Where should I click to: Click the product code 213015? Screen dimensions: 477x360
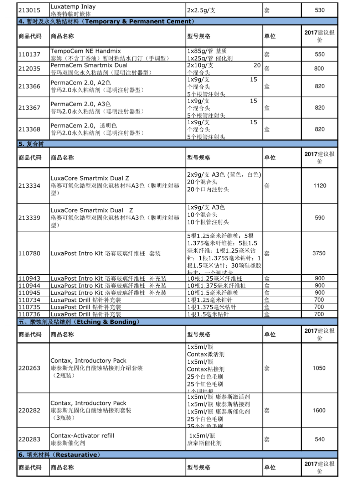point(29,10)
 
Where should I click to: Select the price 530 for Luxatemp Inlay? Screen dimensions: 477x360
point(319,10)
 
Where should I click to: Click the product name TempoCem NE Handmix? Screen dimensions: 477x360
point(86,51)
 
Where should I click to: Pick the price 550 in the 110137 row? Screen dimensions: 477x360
point(319,55)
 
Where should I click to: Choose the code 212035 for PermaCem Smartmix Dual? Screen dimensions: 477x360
point(29,69)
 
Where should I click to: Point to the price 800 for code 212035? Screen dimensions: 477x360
point(319,69)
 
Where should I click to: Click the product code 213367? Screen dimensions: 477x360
point(29,108)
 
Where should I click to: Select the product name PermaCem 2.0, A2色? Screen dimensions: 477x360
point(81,83)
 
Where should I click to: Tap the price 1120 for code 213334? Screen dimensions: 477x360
point(319,186)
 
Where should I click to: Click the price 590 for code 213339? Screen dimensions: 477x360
point(319,218)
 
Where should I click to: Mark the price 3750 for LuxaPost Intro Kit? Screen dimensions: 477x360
point(319,253)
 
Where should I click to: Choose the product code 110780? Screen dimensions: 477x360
point(29,254)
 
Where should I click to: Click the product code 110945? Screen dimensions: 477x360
point(29,293)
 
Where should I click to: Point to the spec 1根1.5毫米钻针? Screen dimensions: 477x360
point(208,314)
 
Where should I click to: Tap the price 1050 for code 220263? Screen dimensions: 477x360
point(319,368)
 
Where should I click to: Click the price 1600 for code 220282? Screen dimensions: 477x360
point(319,410)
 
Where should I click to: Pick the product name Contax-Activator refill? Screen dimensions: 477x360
point(82,436)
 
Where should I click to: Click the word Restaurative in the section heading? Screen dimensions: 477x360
point(76,455)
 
